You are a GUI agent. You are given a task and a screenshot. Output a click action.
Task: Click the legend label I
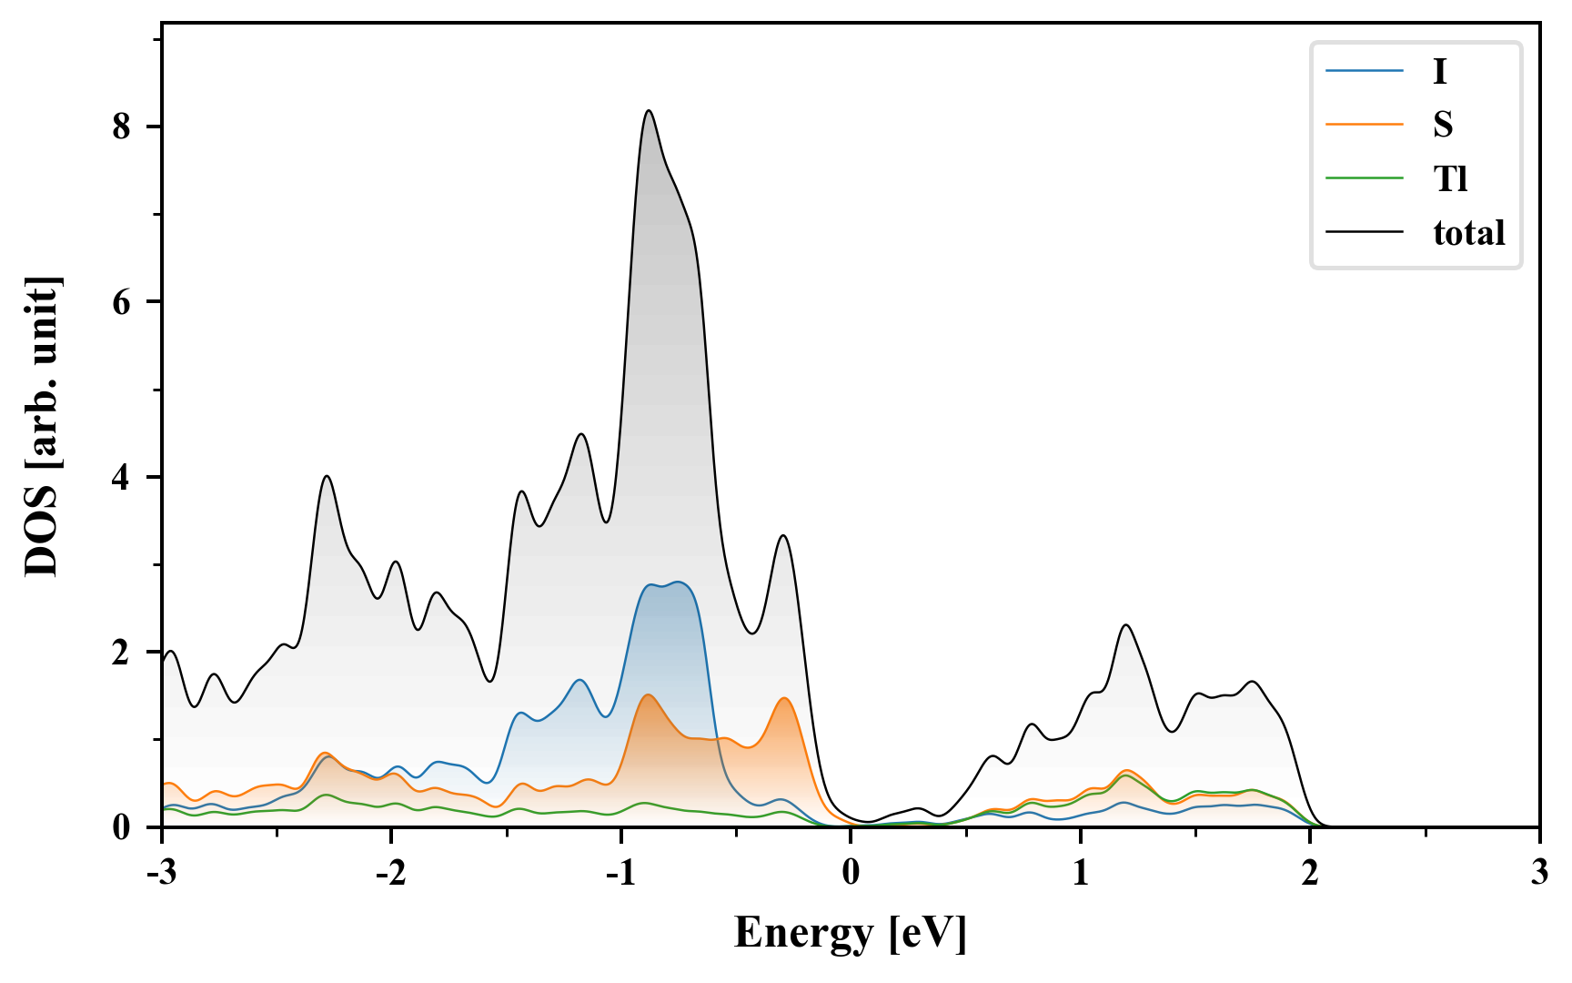1439,71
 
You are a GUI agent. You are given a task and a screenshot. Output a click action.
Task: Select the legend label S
1443,125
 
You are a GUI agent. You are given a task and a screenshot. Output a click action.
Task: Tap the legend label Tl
1451,179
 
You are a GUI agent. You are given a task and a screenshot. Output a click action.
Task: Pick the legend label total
1469,233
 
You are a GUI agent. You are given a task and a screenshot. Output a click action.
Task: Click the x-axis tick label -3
161,873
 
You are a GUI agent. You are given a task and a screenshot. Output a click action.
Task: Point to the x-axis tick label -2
390,873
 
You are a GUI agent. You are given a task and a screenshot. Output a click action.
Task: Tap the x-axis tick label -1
620,873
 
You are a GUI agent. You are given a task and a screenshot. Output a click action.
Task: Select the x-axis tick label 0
851,873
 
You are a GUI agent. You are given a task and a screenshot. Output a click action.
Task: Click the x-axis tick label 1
1080,873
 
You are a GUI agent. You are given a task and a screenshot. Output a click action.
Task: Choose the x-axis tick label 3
1539,873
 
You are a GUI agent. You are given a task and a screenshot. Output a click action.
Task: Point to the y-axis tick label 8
122,127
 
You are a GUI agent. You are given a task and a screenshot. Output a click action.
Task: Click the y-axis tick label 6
122,302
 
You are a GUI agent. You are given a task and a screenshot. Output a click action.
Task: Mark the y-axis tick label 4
122,477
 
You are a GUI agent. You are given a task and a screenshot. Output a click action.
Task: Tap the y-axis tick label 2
122,653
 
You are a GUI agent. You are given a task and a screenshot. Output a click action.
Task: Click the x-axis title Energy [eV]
851,933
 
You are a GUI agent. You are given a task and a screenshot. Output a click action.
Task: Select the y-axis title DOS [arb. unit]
42,426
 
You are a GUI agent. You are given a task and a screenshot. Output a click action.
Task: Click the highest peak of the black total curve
649,111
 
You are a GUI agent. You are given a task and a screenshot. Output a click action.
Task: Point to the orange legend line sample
1364,125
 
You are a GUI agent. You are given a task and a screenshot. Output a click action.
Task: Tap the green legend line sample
1364,178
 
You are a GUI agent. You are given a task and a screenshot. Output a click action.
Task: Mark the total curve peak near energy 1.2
1126,625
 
